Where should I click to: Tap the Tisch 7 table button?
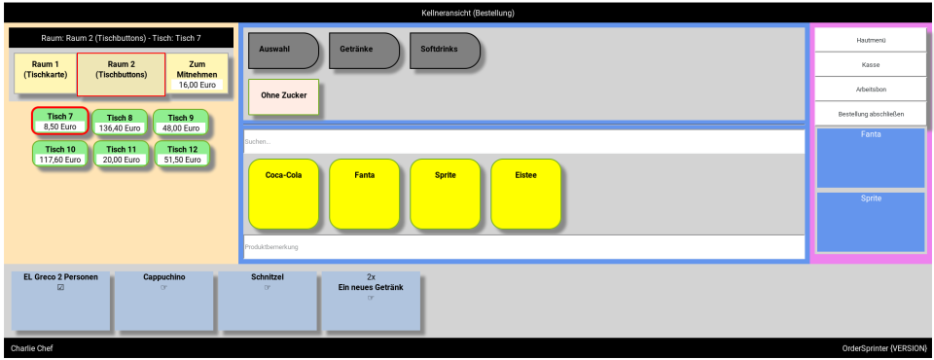[x=60, y=122]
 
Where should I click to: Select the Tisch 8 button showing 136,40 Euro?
[x=121, y=122]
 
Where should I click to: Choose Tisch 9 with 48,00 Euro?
[x=180, y=122]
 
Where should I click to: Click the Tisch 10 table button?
[x=60, y=154]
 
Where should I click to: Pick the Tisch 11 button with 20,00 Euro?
[x=121, y=154]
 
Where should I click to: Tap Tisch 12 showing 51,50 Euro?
[x=180, y=154]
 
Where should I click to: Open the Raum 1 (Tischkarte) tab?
[x=45, y=72]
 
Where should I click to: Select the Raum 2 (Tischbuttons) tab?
[x=121, y=74]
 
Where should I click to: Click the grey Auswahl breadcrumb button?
[x=282, y=51]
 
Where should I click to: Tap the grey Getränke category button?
[x=363, y=51]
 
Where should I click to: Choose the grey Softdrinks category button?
[x=444, y=51]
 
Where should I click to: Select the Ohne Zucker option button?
[x=283, y=97]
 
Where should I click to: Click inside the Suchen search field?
[x=523, y=142]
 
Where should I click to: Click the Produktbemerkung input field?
[x=523, y=247]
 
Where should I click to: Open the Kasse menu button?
[x=870, y=64]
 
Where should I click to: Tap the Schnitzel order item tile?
[x=267, y=301]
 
